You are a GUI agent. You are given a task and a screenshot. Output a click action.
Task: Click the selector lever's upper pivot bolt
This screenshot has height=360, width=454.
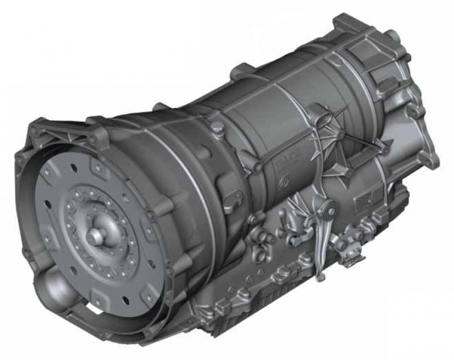point(330,212)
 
